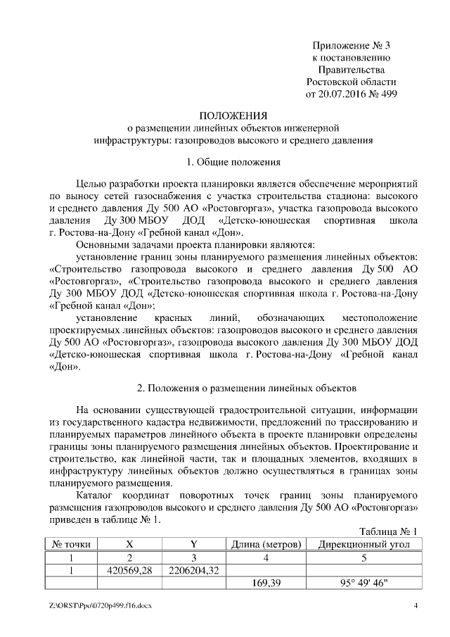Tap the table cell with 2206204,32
193,570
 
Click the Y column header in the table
193,544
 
